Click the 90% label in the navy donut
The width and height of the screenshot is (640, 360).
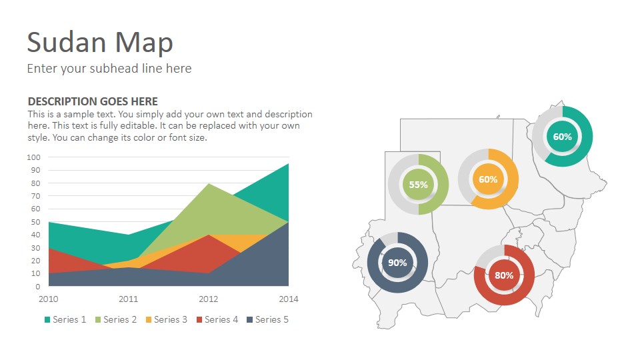(x=397, y=263)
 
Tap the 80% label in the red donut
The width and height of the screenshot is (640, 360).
(x=504, y=275)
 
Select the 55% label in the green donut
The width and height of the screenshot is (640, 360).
(x=419, y=185)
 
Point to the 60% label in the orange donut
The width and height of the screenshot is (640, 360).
(x=488, y=179)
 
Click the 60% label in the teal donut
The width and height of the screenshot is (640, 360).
(x=563, y=137)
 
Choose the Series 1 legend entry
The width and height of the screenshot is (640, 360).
(x=65, y=319)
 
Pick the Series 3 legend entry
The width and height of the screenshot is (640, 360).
(x=167, y=319)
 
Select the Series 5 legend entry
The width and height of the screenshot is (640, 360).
(x=268, y=319)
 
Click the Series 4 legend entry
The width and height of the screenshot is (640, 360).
(x=217, y=319)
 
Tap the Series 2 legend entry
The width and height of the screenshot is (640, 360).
(x=116, y=319)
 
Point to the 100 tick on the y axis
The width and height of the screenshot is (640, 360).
(x=34, y=157)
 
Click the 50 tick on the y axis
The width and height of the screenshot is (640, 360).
(x=36, y=222)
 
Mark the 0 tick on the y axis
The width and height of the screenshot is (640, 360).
(x=38, y=287)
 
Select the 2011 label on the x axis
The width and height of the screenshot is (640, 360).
(x=129, y=299)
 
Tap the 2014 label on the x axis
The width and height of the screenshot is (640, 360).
(x=289, y=299)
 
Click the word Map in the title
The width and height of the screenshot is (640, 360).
(x=144, y=43)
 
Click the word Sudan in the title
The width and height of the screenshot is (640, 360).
(x=67, y=42)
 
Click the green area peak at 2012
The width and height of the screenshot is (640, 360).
(x=209, y=185)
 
